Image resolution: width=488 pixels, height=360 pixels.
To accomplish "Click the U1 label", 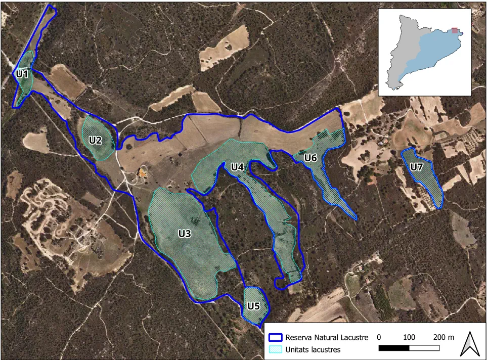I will [x=21, y=74].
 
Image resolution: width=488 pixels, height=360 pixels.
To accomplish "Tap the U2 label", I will [x=96, y=140].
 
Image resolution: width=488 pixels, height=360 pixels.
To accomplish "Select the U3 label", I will [x=185, y=233].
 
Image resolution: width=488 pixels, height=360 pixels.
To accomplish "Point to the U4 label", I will [x=238, y=166].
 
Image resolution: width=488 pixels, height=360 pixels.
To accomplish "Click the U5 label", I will [x=253, y=306].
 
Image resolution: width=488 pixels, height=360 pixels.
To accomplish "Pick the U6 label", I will [x=310, y=158].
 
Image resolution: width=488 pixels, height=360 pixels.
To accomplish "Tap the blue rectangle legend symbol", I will [x=275, y=337].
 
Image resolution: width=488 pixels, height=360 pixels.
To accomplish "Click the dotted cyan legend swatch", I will [x=275, y=349].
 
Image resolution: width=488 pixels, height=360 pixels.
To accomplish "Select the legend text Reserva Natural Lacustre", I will [x=327, y=337].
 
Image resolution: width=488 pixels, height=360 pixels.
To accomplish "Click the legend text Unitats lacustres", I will [x=313, y=349].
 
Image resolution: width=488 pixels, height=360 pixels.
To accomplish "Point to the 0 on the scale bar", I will [x=379, y=337].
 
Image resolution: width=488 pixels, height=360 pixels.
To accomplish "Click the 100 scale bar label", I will [x=409, y=337].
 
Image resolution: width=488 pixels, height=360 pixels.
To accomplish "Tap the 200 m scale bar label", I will [x=443, y=337].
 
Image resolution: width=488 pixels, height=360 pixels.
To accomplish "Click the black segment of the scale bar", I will [x=394, y=348].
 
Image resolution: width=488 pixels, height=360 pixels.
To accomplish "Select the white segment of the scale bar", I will [x=424, y=348].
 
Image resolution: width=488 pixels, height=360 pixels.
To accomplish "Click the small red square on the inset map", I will [x=456, y=31].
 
